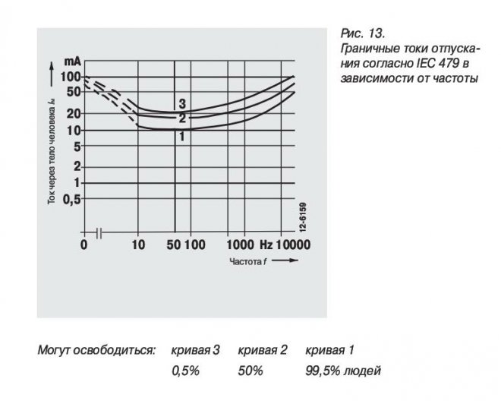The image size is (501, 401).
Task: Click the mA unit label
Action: pyautogui.click(x=73, y=62)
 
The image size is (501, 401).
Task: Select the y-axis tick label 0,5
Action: pyautogui.click(x=71, y=198)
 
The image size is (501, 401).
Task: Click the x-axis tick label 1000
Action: pyautogui.click(x=240, y=245)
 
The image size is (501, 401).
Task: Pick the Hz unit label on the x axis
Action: pyautogui.click(x=265, y=245)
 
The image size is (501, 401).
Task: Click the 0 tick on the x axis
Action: pyautogui.click(x=84, y=245)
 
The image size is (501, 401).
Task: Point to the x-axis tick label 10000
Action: pyautogui.click(x=292, y=245)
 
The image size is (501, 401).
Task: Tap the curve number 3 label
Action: pyautogui.click(x=182, y=103)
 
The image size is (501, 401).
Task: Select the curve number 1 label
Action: pyautogui.click(x=182, y=137)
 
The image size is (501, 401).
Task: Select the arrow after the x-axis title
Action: pyautogui.click(x=282, y=260)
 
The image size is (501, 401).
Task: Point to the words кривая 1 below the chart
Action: pyautogui.click(x=330, y=350)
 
